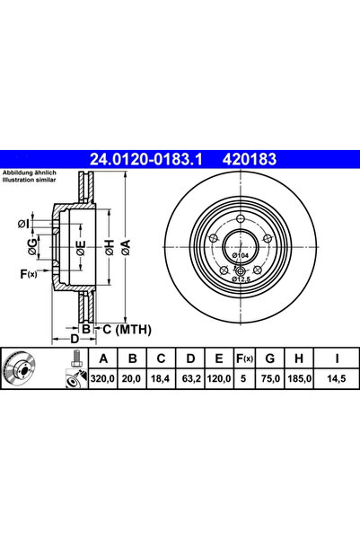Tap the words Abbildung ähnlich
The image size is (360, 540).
[x=31, y=173]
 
